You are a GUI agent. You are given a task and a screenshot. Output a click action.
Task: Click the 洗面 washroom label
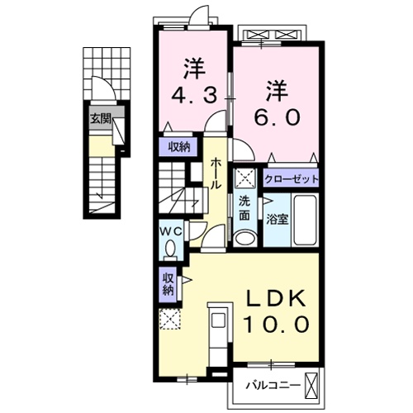coord(244,209)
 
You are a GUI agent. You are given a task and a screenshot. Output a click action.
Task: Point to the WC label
coord(170,230)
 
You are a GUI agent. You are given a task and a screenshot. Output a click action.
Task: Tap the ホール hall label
coord(215,173)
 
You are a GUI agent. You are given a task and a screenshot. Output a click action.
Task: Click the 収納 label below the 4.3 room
coord(178,147)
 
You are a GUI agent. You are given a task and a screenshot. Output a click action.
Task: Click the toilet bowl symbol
coord(171,248)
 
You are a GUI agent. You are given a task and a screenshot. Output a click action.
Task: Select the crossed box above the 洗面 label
coord(244,178)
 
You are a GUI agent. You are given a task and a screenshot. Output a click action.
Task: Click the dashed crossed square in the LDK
coord(170,320)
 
